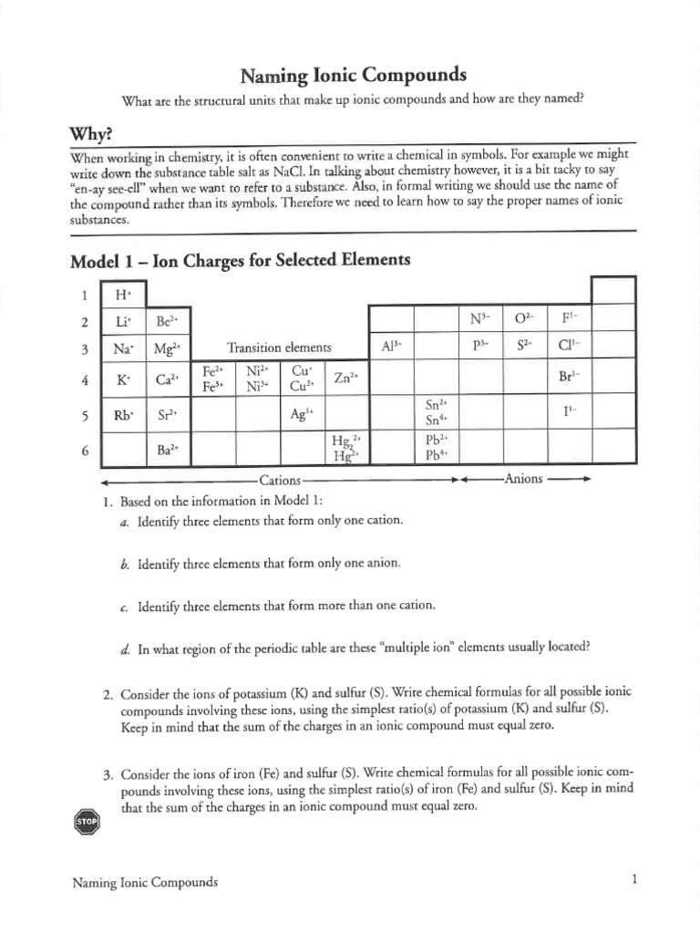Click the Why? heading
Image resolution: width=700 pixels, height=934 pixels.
(91, 134)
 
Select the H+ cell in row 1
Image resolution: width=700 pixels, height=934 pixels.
(123, 295)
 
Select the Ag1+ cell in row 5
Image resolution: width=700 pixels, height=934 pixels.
(302, 413)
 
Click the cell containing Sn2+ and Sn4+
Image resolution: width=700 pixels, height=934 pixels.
(436, 412)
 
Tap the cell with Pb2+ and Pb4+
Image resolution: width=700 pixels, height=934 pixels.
(436, 447)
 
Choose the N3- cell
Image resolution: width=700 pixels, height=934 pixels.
(480, 319)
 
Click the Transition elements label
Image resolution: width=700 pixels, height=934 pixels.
(279, 348)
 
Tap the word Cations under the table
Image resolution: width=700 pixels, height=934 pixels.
(280, 479)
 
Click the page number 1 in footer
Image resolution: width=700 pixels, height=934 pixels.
(633, 880)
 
